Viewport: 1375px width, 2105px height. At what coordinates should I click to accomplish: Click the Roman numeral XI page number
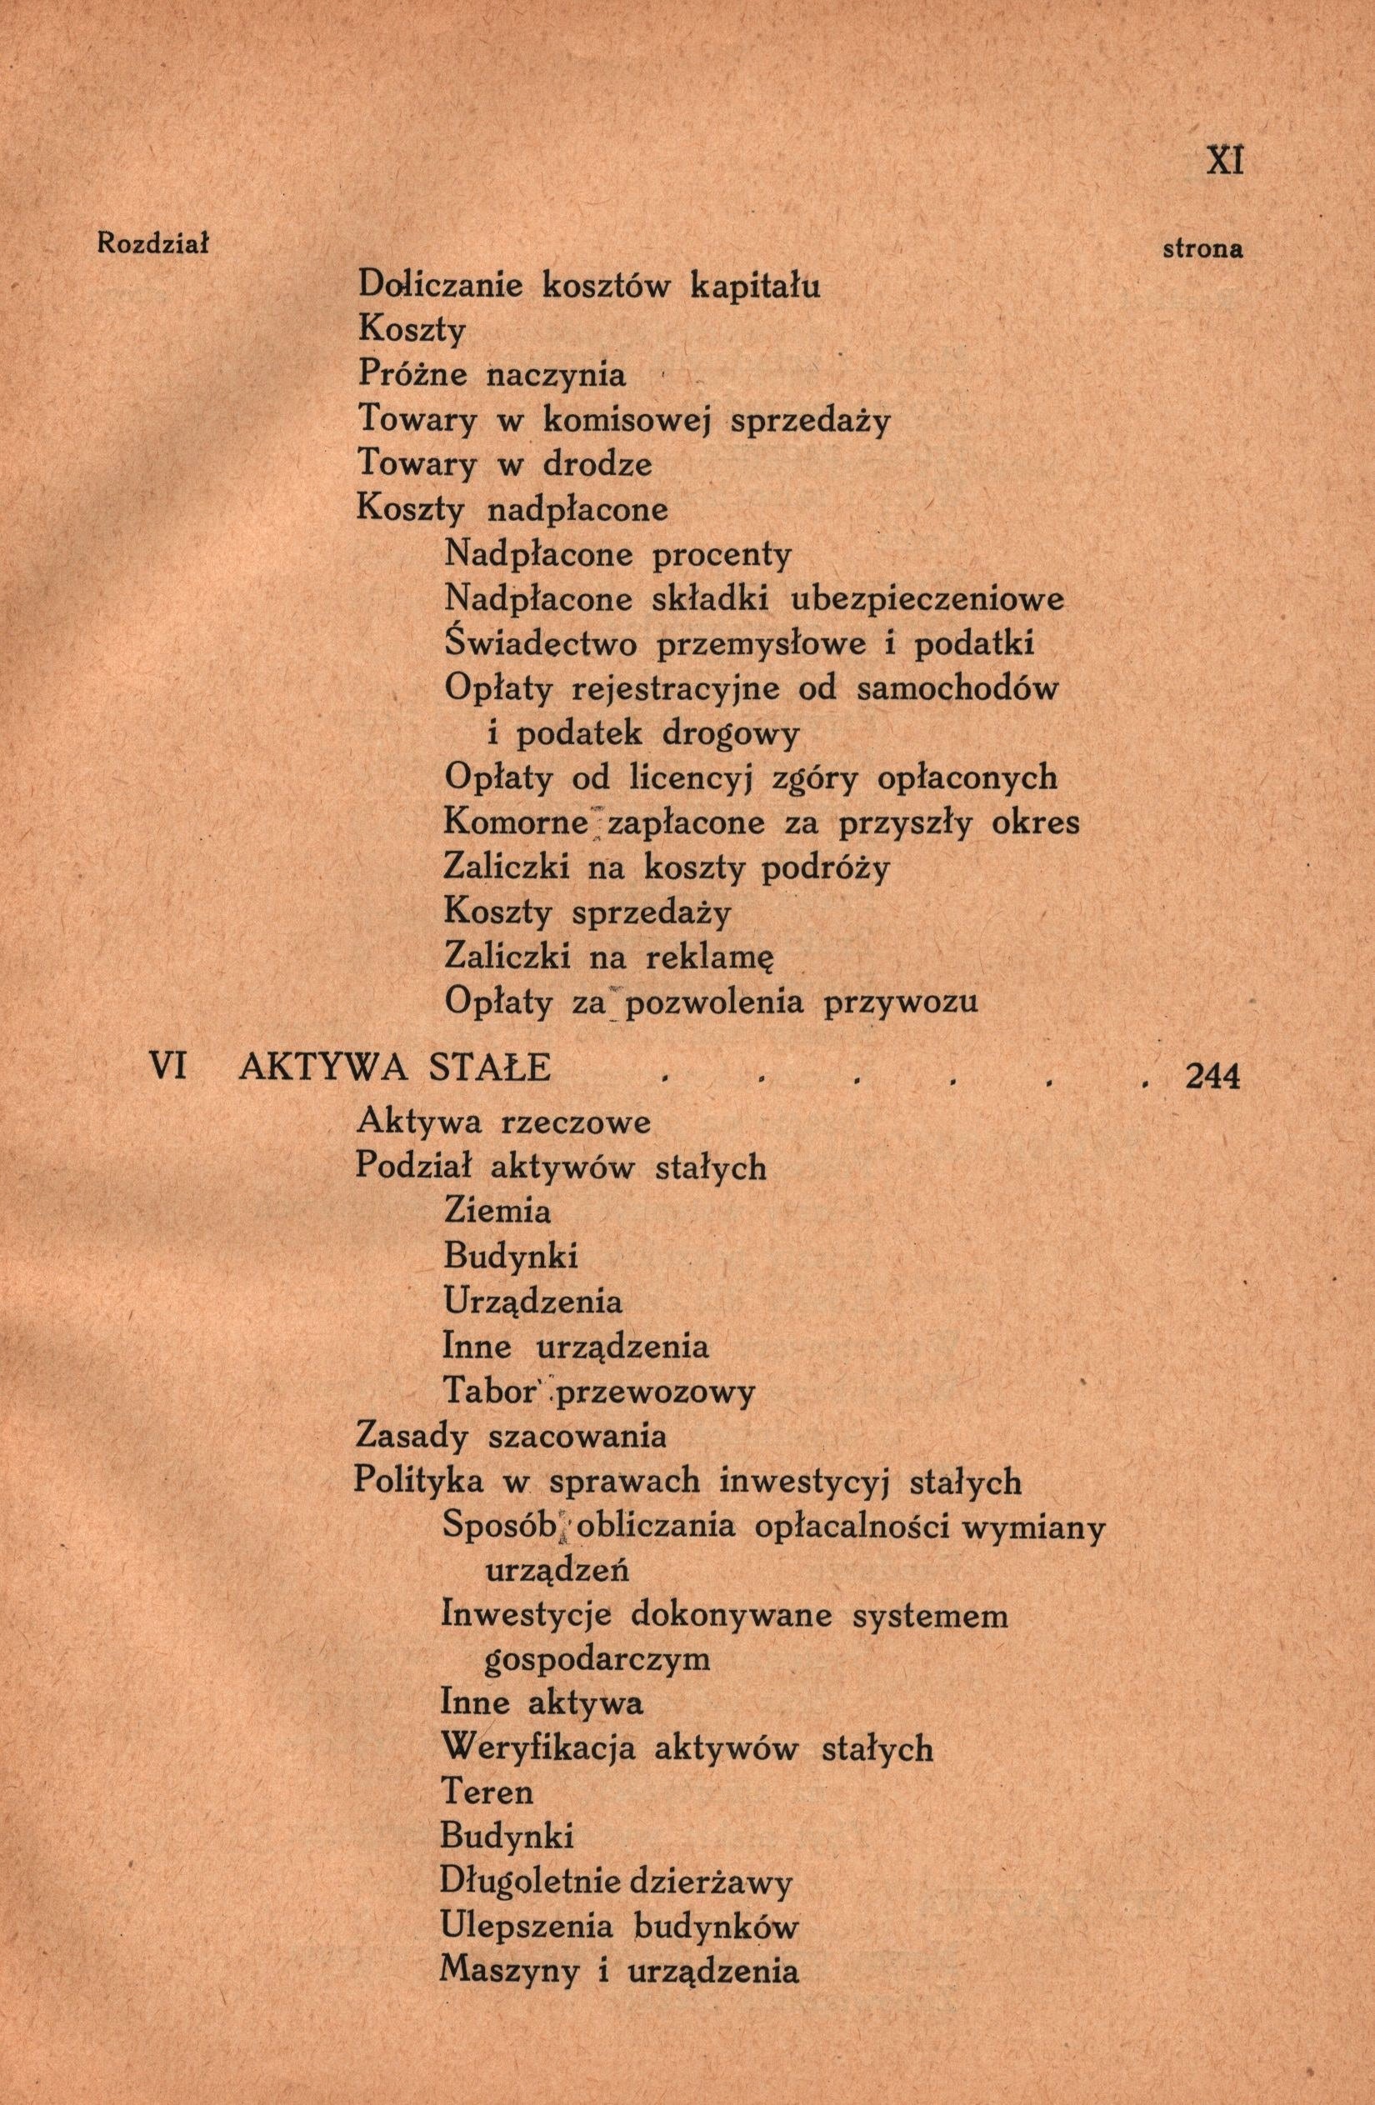(1225, 161)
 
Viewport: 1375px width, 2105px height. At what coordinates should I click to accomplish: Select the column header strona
(1202, 249)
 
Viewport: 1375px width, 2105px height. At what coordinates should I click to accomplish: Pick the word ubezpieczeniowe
(926, 600)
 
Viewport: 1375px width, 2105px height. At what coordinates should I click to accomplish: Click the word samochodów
(957, 688)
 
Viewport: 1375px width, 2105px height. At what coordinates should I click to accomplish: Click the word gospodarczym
(597, 1659)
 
